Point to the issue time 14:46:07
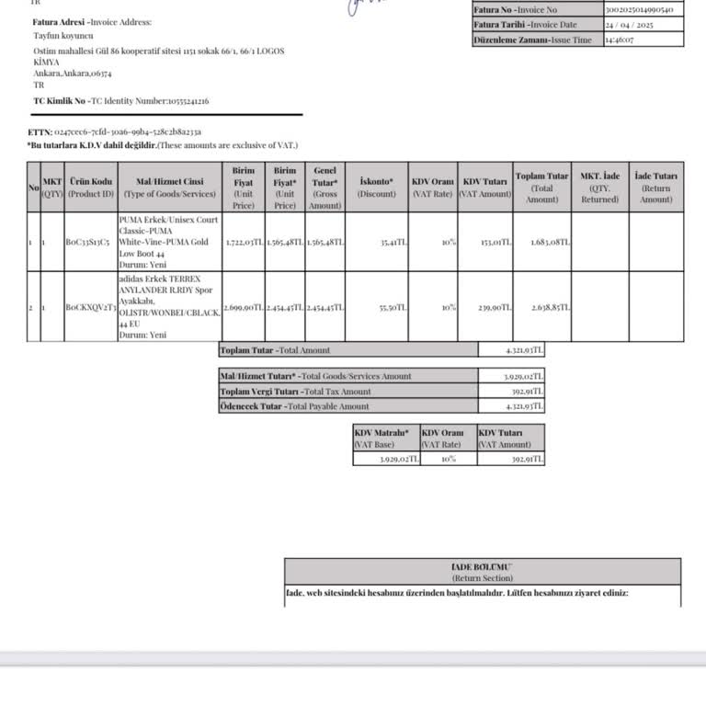coord(618,40)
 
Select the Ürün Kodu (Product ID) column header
coord(90,188)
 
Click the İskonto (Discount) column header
coord(377,188)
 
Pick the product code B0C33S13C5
coord(88,243)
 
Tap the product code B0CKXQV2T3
coord(90,307)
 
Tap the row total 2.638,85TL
coord(552,307)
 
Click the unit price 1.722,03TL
coord(244,243)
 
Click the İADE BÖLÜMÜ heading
coord(483,568)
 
